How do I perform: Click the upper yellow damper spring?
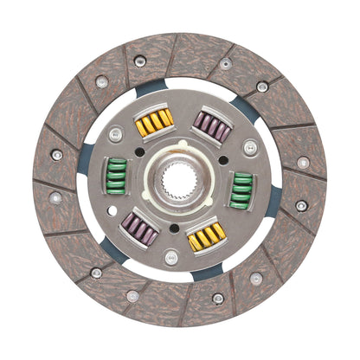point(154,122)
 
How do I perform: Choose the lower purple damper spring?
point(140,231)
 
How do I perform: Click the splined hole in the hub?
point(180,182)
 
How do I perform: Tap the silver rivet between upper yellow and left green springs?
point(115,135)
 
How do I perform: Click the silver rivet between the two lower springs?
point(171,256)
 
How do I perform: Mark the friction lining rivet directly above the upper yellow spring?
point(140,61)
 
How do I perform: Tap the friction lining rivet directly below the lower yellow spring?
point(218,298)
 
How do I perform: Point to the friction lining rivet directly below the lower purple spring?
point(132,295)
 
